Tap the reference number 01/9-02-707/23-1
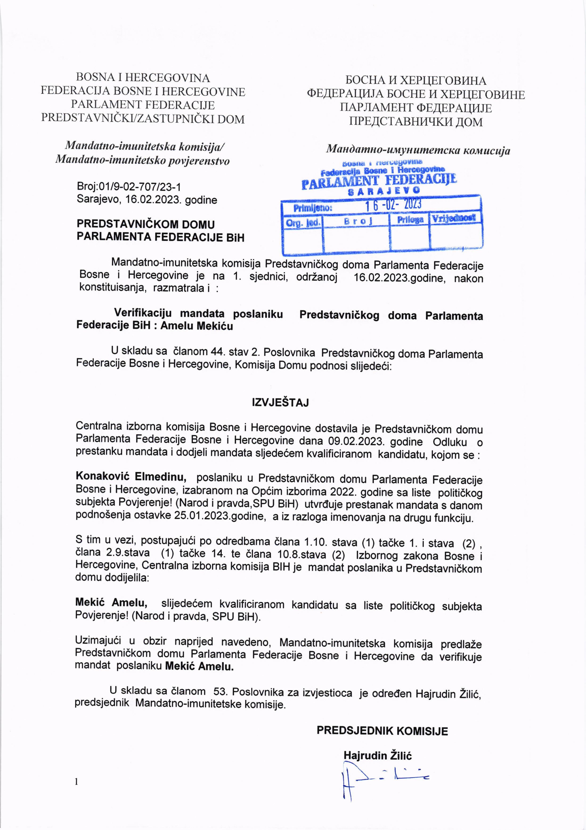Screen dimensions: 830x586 (x=140, y=187)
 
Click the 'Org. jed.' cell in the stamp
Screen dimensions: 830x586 (x=303, y=222)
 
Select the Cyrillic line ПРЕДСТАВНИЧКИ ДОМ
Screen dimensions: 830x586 (x=415, y=122)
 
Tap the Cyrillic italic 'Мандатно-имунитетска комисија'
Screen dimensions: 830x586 (x=418, y=150)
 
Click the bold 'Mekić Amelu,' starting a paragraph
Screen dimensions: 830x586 (x=111, y=603)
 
